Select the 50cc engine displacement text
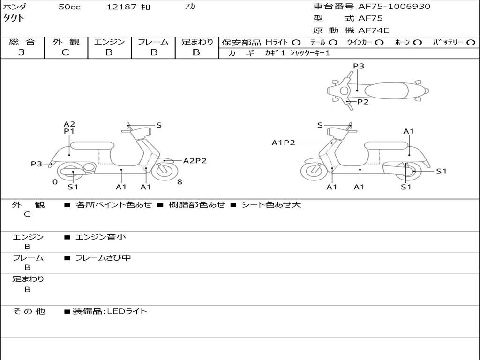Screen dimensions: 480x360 [x=69, y=7]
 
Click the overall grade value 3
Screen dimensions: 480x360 [x=21, y=52]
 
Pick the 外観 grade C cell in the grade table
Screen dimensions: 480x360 [x=65, y=52]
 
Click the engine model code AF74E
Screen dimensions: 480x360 [x=374, y=30]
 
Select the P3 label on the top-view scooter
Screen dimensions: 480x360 [x=359, y=66]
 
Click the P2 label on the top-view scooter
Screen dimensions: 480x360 [x=363, y=102]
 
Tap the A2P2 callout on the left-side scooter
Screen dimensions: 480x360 [x=195, y=161]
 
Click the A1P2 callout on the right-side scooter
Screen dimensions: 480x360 [x=283, y=142]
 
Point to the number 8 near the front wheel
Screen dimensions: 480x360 [x=180, y=182]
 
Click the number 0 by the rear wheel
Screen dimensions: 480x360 [x=55, y=182]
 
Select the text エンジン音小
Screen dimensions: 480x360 [x=101, y=237]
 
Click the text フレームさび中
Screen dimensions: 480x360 [x=103, y=258]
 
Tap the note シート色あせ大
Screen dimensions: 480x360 [x=271, y=205]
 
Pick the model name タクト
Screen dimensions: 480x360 [x=15, y=19]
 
